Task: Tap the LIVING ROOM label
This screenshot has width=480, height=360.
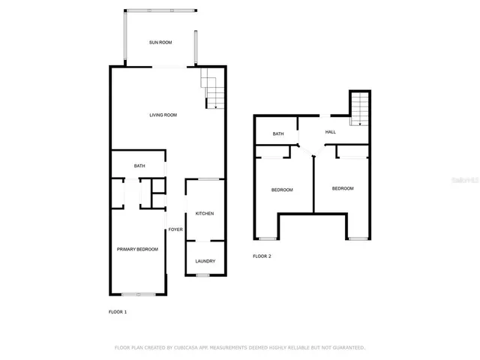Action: click(x=163, y=115)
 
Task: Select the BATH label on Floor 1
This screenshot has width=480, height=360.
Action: click(x=139, y=166)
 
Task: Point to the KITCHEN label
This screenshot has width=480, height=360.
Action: click(x=205, y=214)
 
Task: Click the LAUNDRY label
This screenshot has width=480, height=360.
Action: click(x=205, y=261)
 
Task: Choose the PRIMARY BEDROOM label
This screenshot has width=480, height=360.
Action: click(x=137, y=249)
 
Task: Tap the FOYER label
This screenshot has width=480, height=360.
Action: click(x=175, y=229)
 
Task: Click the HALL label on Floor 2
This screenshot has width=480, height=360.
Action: click(x=331, y=132)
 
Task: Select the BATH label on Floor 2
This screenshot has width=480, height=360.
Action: click(x=278, y=134)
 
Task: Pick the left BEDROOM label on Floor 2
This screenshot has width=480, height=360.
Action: click(x=282, y=190)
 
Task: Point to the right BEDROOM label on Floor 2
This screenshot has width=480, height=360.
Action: click(x=343, y=188)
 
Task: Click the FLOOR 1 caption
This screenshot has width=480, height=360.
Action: click(x=118, y=311)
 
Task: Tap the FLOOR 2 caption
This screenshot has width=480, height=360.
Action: click(x=262, y=256)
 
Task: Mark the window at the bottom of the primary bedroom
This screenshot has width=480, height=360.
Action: click(x=139, y=294)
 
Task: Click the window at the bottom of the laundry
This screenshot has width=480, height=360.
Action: click(x=202, y=275)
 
